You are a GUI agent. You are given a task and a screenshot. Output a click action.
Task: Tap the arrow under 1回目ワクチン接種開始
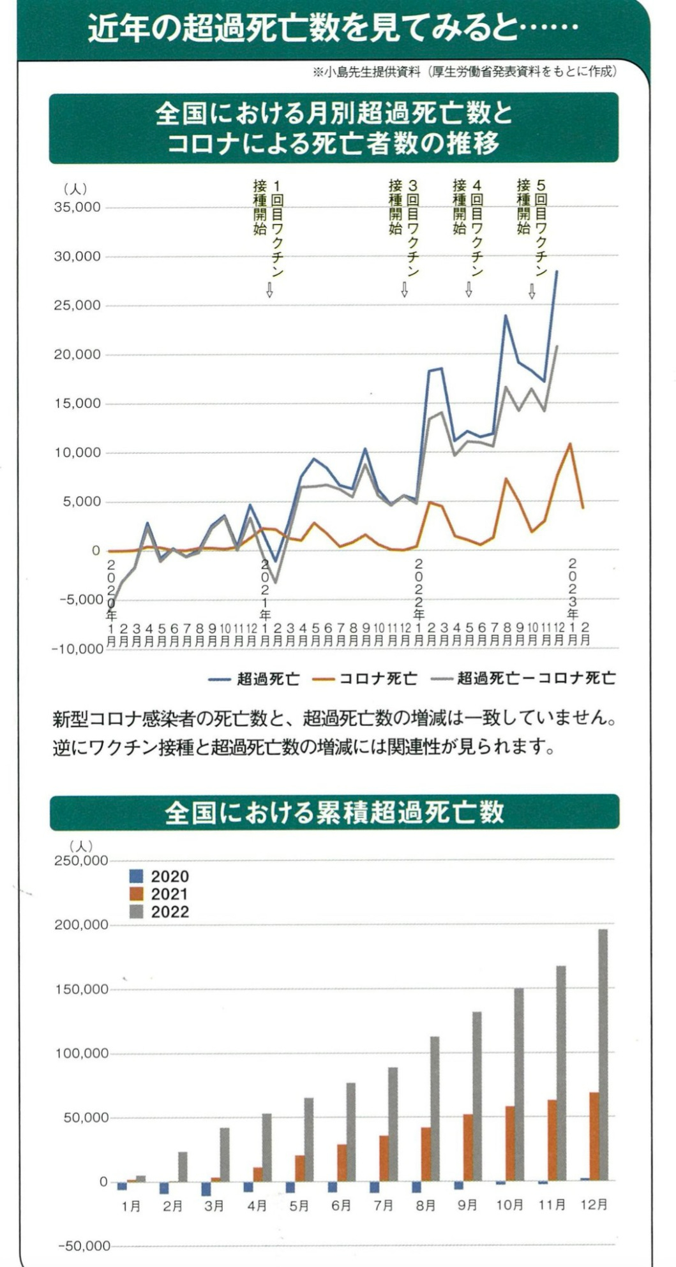point(269,291)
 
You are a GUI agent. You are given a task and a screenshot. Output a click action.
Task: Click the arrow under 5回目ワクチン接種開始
point(532,292)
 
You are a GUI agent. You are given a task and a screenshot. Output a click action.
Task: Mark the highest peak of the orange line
point(570,444)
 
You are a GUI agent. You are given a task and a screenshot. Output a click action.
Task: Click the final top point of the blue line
point(557,271)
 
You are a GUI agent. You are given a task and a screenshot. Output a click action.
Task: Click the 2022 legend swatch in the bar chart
point(136,912)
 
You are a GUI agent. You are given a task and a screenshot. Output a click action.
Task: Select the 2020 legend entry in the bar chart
point(159,877)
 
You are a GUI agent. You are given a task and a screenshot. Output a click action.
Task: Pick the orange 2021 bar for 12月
point(594,1136)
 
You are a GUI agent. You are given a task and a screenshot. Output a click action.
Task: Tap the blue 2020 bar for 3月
point(206,1189)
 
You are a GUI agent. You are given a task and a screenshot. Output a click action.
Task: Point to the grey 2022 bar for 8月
point(434,1108)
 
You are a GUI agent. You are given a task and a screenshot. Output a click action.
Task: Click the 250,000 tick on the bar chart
point(81,861)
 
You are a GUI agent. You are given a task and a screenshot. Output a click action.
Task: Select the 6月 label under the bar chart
point(341,1205)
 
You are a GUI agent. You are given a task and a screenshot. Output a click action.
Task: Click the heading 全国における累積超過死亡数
point(334,812)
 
